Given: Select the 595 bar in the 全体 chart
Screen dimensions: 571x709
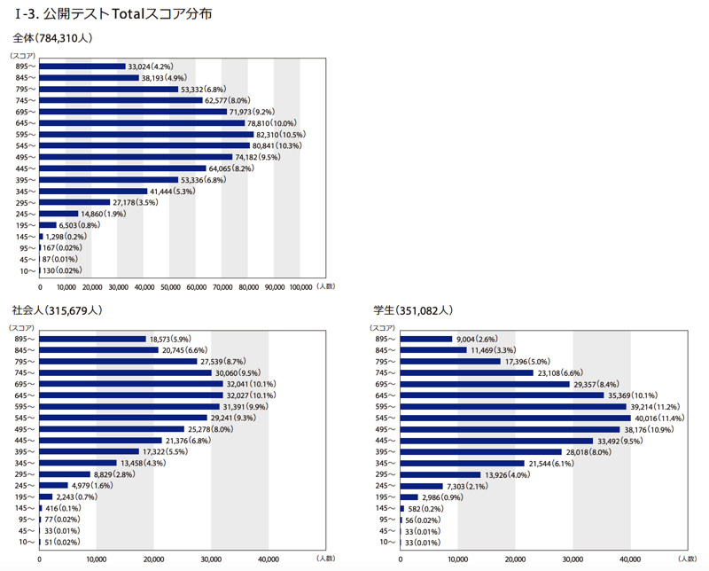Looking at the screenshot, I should coord(146,134).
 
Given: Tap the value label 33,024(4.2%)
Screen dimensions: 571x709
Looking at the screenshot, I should coord(151,66).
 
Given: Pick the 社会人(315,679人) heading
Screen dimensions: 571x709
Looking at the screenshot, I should coord(58,310).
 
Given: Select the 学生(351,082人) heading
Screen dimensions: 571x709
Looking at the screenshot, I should coord(413,310).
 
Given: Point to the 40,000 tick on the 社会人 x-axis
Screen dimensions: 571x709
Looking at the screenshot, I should coord(268,559).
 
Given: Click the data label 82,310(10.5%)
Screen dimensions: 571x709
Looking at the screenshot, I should coord(285,134).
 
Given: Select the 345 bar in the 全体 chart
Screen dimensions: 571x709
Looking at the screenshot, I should coord(93,191).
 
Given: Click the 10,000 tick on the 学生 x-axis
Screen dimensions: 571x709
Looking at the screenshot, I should coord(457,559).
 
